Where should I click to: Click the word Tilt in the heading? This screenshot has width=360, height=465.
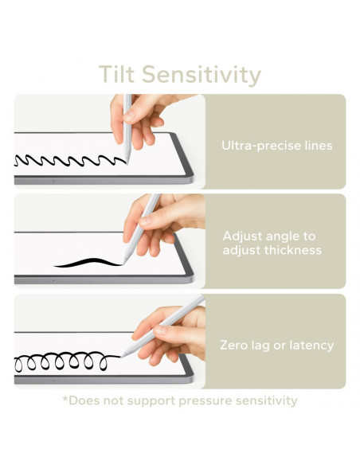click(x=116, y=74)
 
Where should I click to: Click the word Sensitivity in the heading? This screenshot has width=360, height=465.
click(x=202, y=76)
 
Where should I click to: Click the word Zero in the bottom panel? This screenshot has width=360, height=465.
click(x=233, y=346)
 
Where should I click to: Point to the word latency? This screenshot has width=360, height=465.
click(x=311, y=346)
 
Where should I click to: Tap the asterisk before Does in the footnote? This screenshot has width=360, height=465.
click(x=65, y=398)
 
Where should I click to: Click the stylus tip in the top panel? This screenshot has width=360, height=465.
click(x=127, y=162)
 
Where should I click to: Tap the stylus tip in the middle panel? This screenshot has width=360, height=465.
click(x=123, y=263)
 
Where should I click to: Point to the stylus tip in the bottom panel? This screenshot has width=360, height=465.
click(x=122, y=356)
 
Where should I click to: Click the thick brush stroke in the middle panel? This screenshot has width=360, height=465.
click(x=88, y=263)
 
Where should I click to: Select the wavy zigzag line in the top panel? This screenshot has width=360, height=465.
click(x=70, y=160)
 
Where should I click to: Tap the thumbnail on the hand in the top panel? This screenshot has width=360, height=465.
click(x=129, y=116)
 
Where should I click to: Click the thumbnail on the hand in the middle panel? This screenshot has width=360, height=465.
click(x=145, y=221)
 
